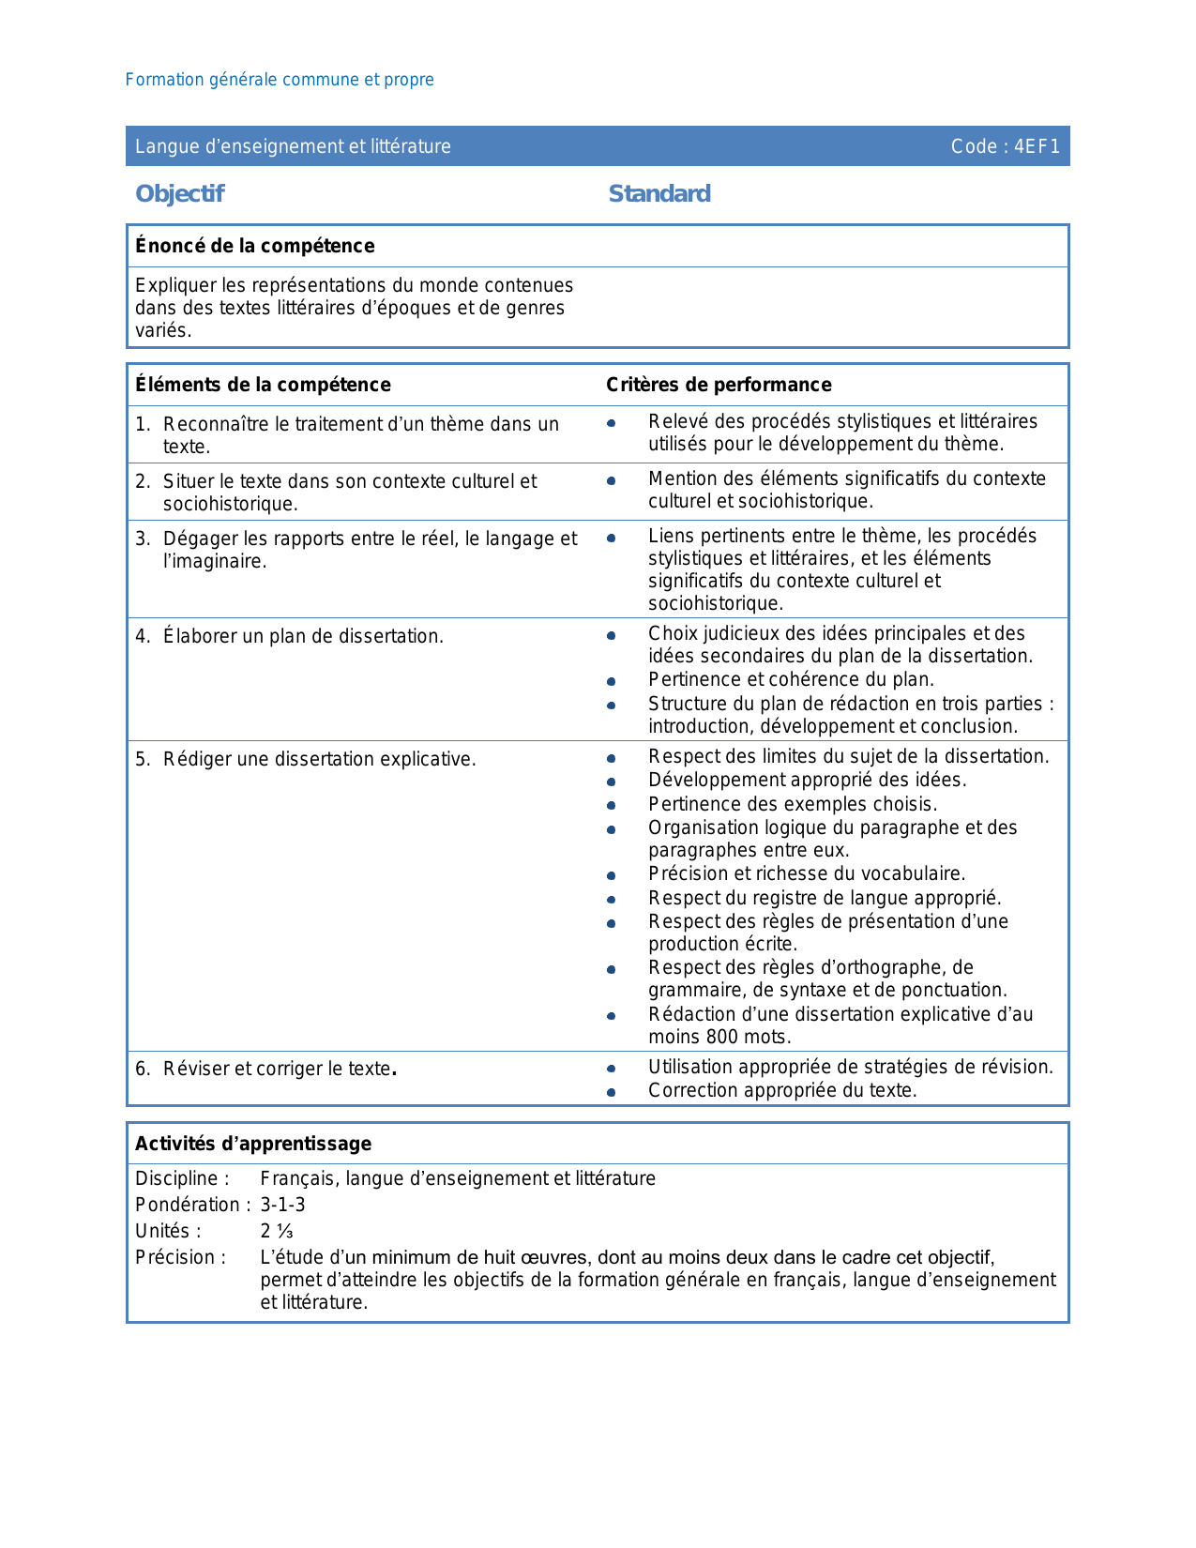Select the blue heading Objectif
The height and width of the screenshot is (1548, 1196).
pos(180,193)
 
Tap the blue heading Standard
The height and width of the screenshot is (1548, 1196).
pos(659,193)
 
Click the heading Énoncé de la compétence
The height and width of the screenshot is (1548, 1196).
pos(254,246)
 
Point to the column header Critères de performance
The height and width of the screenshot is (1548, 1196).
pos(719,385)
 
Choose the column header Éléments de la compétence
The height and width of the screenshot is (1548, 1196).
pos(263,385)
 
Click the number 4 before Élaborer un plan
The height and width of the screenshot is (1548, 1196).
pos(141,637)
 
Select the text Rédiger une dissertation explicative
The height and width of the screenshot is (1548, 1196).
pos(319,759)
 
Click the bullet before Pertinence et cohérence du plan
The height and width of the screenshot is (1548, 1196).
pos(612,681)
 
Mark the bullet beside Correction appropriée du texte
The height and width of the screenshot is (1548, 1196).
pos(612,1092)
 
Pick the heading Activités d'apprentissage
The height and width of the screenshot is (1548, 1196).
pos(253,1144)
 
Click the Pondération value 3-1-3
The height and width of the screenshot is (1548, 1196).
pos(282,1205)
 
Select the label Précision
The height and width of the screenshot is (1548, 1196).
pos(180,1257)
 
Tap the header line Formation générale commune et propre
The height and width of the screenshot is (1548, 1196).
pos(280,80)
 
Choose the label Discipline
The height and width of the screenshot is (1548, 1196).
pos(182,1178)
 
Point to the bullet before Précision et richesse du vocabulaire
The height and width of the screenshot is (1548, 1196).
pos(612,875)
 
